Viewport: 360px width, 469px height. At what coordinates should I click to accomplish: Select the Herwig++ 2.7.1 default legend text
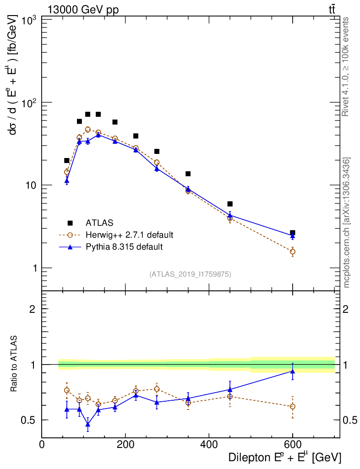[129, 235]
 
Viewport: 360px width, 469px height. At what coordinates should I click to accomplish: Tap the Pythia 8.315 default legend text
[124, 247]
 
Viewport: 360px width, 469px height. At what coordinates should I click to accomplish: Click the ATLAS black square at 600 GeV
[293, 233]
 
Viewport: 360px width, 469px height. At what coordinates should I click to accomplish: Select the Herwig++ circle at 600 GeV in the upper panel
[293, 251]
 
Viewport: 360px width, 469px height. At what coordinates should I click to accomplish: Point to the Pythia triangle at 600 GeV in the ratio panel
[293, 371]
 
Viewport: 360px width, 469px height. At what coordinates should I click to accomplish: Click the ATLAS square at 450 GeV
[230, 204]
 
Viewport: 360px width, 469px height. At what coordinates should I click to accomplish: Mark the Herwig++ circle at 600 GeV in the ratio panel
[293, 406]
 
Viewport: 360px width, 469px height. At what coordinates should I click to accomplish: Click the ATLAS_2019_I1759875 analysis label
[190, 274]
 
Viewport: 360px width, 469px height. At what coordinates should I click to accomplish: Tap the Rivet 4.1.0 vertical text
[346, 66]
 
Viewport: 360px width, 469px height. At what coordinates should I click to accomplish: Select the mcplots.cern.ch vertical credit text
[347, 222]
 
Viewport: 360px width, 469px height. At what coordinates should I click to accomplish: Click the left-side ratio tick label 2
[32, 309]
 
